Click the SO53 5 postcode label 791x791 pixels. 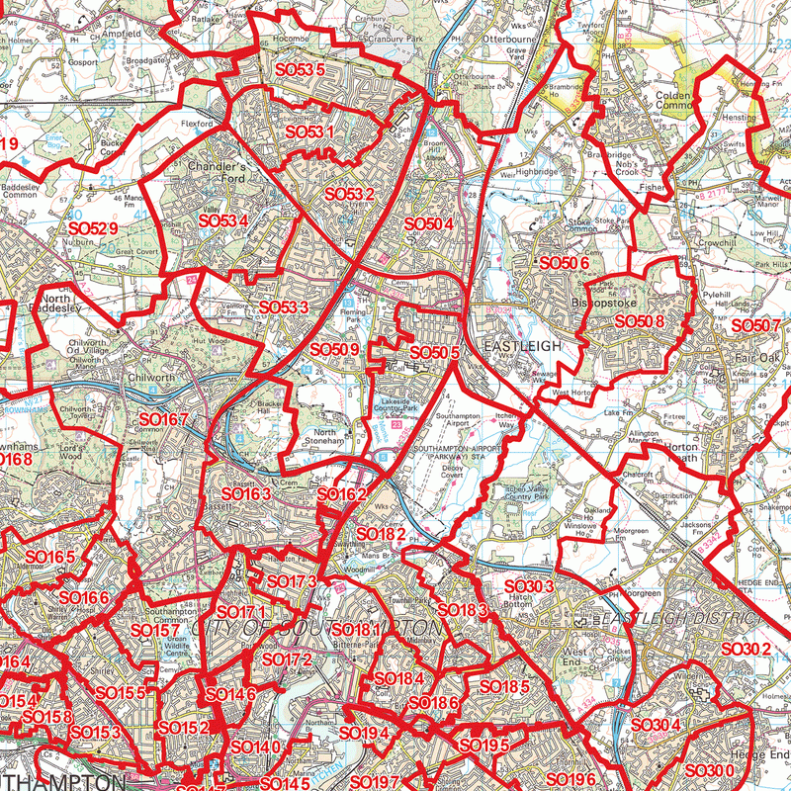pyautogui.click(x=300, y=69)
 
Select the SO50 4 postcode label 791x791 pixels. pyautogui.click(x=428, y=225)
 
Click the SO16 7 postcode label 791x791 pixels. pyautogui.click(x=162, y=421)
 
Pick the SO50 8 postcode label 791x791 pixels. pyautogui.click(x=639, y=321)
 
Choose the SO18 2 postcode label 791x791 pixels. pyautogui.click(x=379, y=534)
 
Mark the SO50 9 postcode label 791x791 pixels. pyautogui.click(x=333, y=349)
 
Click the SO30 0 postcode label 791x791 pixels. pyautogui.click(x=709, y=770)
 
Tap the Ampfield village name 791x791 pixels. pyautogui.click(x=121, y=33)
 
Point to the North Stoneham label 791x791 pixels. pyautogui.click(x=325, y=438)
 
